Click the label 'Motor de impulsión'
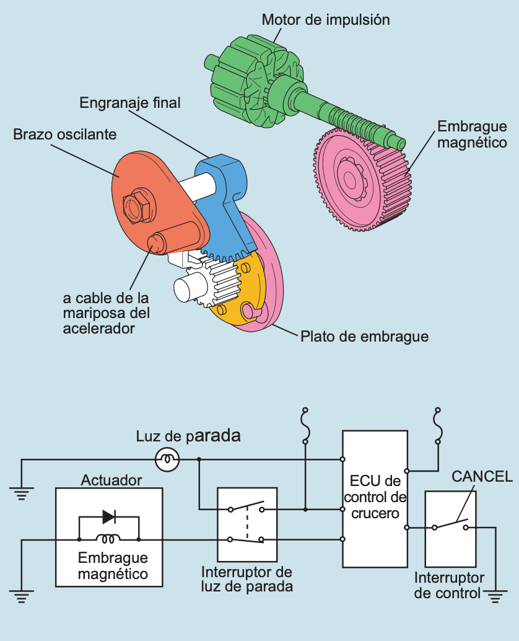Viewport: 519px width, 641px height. (326, 19)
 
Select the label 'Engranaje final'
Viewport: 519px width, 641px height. (130, 102)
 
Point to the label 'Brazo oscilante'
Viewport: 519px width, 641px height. (65, 134)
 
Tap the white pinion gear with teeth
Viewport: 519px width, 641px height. (214, 283)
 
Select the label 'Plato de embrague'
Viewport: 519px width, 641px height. (364, 337)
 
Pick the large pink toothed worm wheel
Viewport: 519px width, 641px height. (362, 180)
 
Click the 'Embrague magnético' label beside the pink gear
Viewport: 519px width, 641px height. (472, 135)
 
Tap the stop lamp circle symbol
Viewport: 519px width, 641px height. (167, 459)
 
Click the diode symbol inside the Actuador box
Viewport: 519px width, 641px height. (109, 516)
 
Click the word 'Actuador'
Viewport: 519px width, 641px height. (111, 480)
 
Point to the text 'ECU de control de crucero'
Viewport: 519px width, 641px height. (375, 497)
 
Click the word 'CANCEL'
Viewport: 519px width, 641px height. (482, 476)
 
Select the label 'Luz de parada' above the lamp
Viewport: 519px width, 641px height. (188, 436)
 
